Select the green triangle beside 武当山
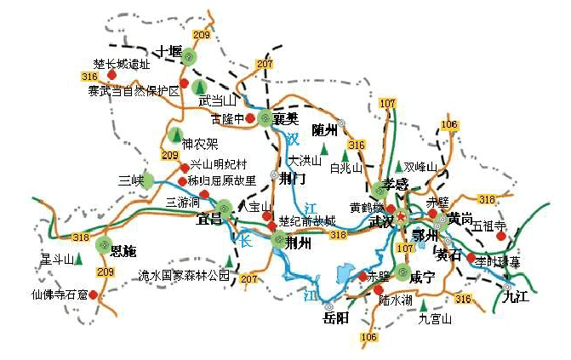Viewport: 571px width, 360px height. (x=198, y=86)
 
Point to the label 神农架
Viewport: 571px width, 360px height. (x=200, y=143)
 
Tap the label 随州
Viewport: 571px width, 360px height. (x=325, y=130)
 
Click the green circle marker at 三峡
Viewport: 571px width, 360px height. (x=148, y=180)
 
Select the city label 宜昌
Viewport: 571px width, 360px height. (x=208, y=220)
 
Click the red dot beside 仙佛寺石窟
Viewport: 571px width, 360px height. (x=93, y=295)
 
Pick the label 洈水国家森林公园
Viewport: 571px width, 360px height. (x=184, y=276)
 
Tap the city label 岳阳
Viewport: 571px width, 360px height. (x=335, y=318)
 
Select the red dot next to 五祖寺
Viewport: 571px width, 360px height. (x=500, y=236)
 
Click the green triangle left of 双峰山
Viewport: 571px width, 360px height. (x=398, y=166)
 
